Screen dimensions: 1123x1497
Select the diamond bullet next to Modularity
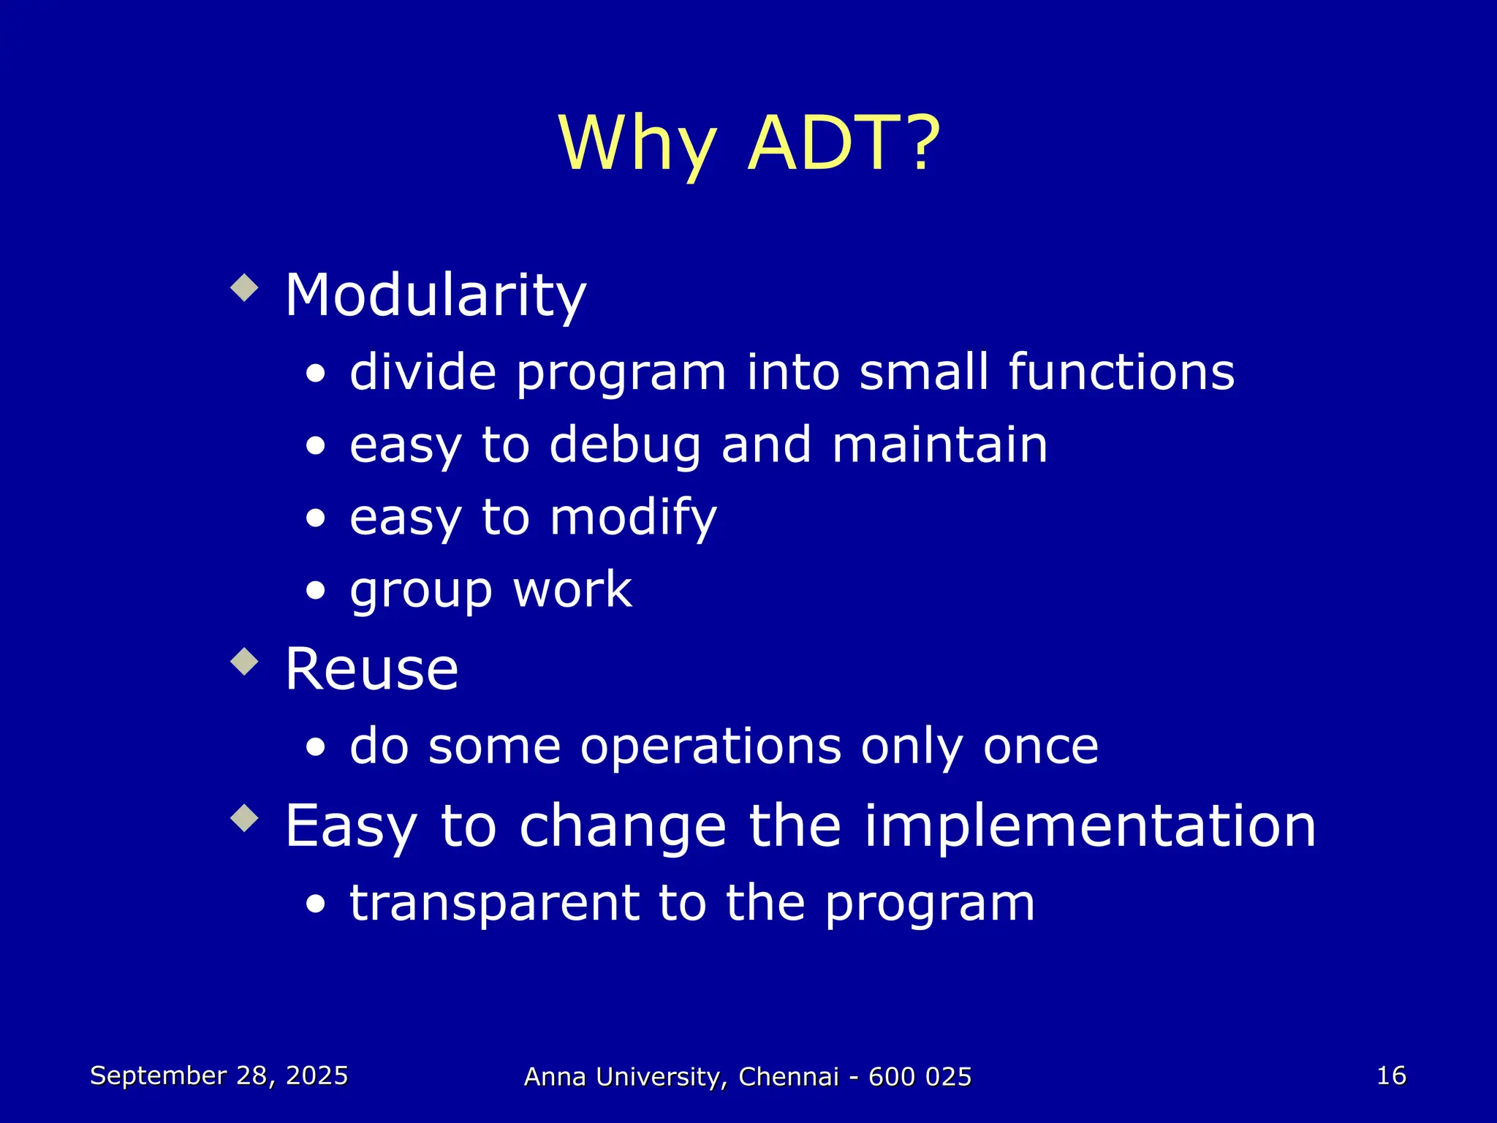[244, 288]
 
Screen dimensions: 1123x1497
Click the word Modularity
[436, 296]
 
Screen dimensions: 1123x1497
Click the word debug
[625, 446]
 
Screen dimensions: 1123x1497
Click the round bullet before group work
[316, 591]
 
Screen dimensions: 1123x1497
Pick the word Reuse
[371, 670]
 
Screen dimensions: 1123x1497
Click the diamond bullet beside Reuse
[244, 662]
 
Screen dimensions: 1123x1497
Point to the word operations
[710, 748]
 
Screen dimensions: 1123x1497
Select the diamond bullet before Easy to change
[244, 818]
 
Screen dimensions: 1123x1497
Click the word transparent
[494, 904]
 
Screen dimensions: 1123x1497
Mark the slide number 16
[1391, 1075]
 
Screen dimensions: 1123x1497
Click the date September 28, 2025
[219, 1075]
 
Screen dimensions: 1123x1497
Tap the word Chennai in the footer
[788, 1077]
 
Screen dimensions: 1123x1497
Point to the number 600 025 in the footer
[920, 1077]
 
